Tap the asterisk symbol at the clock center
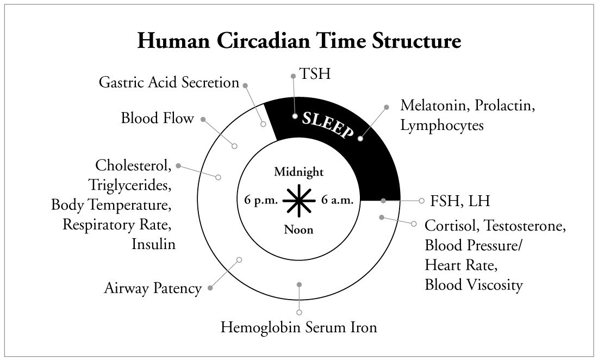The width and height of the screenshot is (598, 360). point(299,201)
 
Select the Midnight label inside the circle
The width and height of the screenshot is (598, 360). point(299,172)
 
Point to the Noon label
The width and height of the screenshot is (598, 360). point(299,229)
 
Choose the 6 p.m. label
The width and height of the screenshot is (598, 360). point(261,200)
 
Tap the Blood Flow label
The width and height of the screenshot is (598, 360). point(158,118)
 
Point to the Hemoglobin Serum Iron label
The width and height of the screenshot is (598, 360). point(299,328)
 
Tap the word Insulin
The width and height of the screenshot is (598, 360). point(154,244)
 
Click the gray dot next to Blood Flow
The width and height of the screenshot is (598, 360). point(203,119)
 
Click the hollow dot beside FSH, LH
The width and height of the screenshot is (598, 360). point(421,201)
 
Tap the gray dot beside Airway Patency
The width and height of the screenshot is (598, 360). point(210,288)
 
